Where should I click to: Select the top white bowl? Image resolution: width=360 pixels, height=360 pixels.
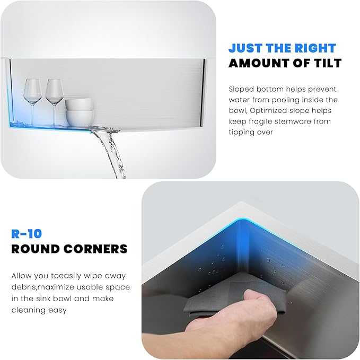pyautogui.click(x=79, y=104)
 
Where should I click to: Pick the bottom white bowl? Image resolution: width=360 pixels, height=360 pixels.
pyautogui.click(x=80, y=118)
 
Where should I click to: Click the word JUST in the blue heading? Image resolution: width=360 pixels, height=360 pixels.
pyautogui.click(x=245, y=48)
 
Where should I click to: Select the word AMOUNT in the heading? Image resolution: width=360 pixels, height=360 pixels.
pyautogui.click(x=260, y=63)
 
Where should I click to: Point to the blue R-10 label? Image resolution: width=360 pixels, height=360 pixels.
pyautogui.click(x=27, y=234)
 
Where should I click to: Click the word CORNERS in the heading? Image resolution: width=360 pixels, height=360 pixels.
pyautogui.click(x=95, y=249)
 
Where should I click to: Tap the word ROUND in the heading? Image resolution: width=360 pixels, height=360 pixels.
pyautogui.click(x=36, y=249)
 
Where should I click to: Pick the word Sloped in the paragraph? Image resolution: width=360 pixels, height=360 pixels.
pyautogui.click(x=241, y=89)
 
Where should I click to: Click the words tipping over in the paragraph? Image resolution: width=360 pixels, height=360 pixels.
pyautogui.click(x=251, y=132)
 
